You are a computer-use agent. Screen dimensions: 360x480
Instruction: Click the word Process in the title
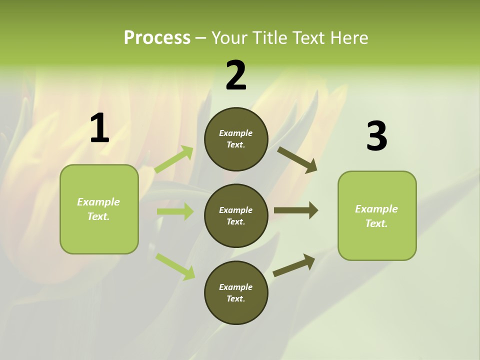(157, 38)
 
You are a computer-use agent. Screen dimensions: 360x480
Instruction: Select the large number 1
(99, 128)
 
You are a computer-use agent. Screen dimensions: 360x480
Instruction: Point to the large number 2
(236, 75)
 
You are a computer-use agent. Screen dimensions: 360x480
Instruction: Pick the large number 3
(376, 136)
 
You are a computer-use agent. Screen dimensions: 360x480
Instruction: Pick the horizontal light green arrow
(175, 211)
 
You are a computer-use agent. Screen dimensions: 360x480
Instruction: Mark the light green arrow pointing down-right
(175, 266)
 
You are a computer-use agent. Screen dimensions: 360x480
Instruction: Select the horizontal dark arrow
(296, 210)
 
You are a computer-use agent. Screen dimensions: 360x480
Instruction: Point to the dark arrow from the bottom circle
(294, 265)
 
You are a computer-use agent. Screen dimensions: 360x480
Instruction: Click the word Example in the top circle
(235, 133)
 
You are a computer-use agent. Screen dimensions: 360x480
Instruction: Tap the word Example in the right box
(376, 209)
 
